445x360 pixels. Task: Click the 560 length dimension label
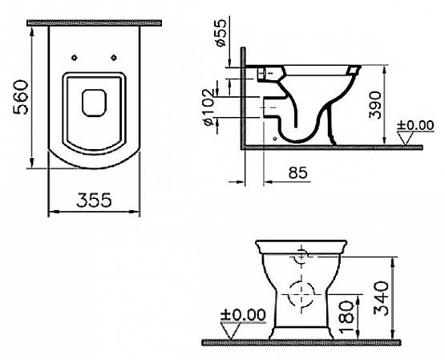pyautogui.click(x=21, y=97)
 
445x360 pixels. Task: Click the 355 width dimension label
pyautogui.click(x=95, y=200)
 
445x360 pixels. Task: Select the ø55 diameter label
pyautogui.click(x=220, y=32)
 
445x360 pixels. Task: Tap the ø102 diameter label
pyautogui.click(x=208, y=107)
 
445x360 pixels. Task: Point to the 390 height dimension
pyautogui.click(x=375, y=105)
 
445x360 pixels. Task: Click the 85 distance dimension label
pyautogui.click(x=297, y=172)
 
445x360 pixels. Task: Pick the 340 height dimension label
pyautogui.click(x=381, y=298)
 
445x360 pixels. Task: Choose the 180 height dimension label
pyautogui.click(x=346, y=317)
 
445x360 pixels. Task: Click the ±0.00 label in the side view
pyautogui.click(x=415, y=125)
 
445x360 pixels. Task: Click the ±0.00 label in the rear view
pyautogui.click(x=243, y=314)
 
